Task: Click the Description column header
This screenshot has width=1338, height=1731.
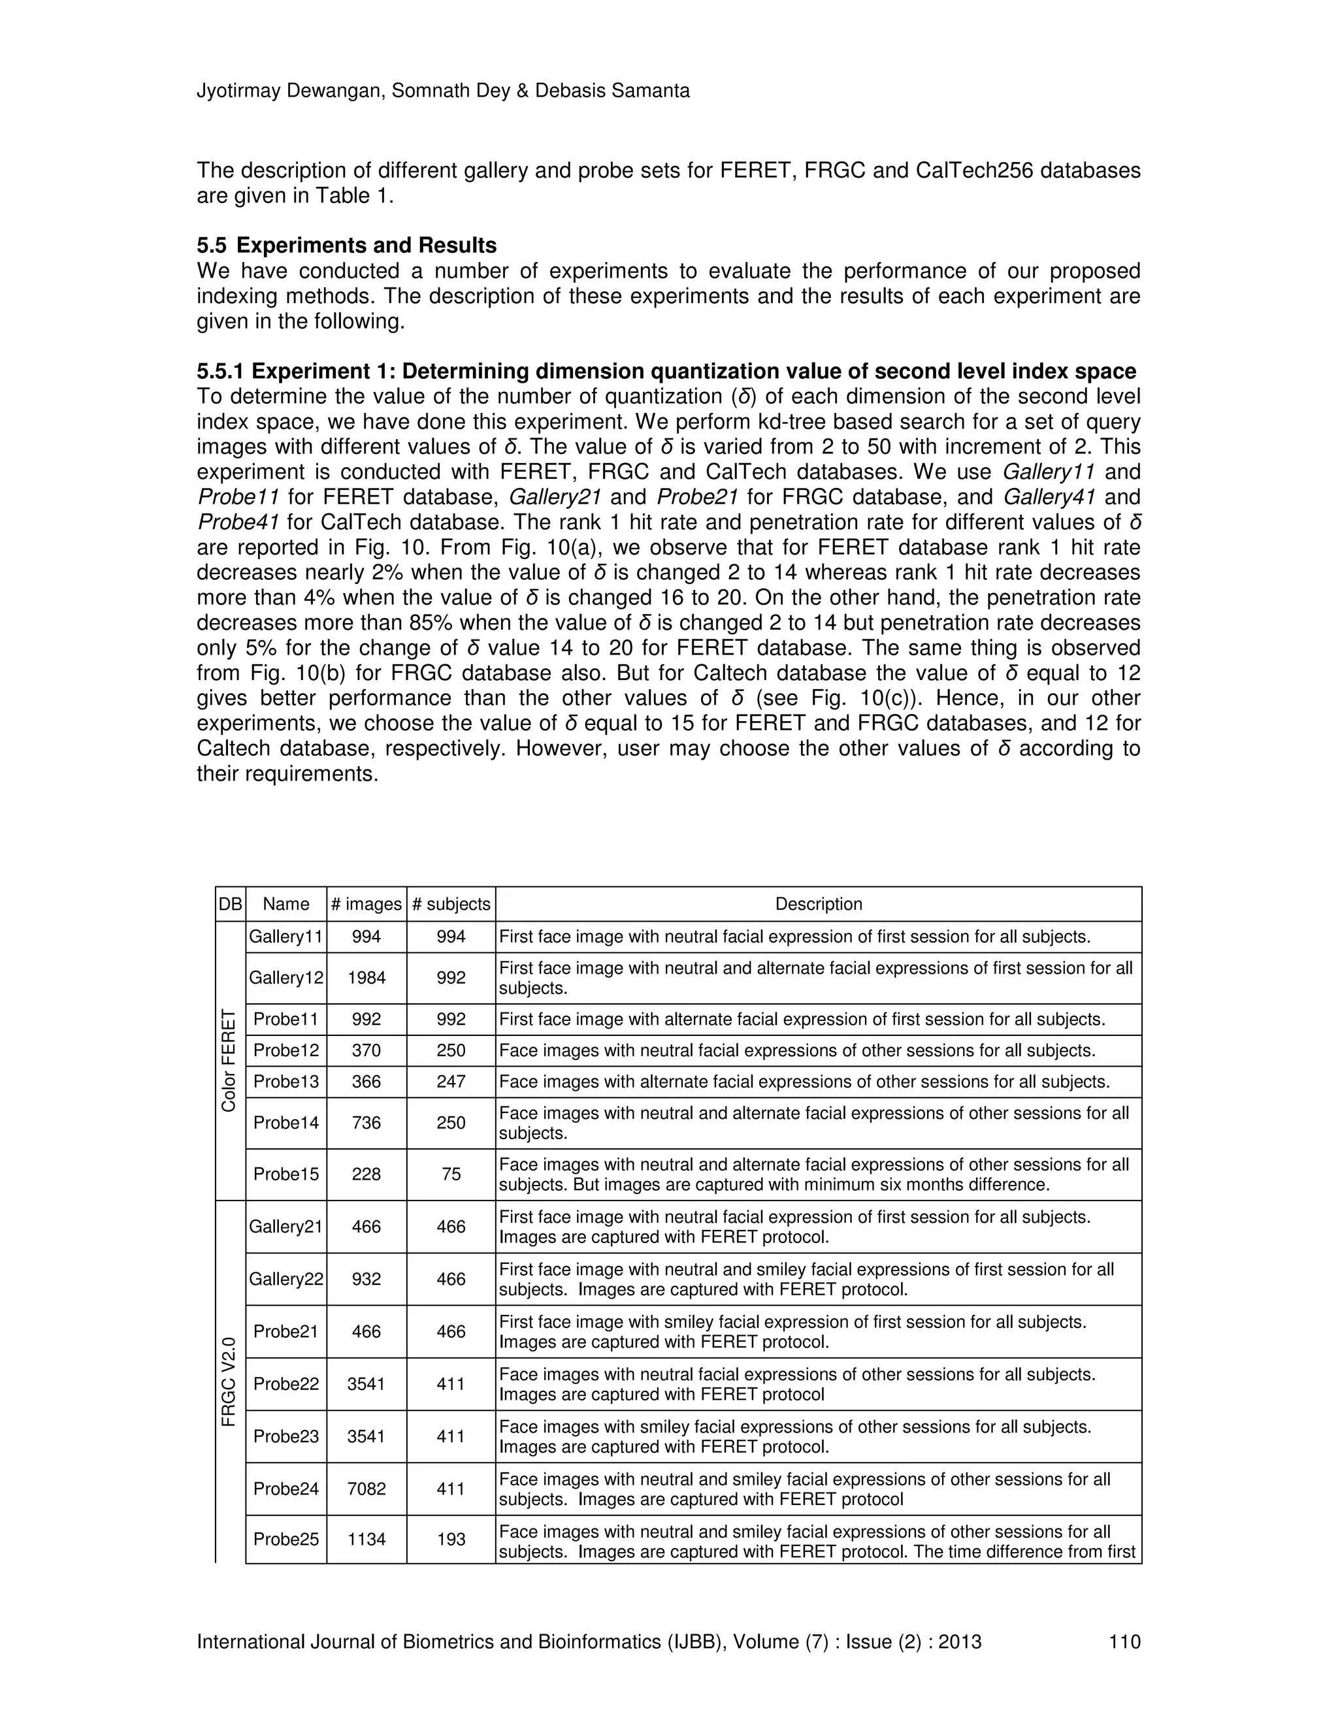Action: (x=818, y=903)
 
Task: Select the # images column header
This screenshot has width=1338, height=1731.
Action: (x=367, y=903)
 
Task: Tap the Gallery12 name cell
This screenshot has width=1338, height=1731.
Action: (x=286, y=977)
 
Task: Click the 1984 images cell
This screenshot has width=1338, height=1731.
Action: (x=367, y=977)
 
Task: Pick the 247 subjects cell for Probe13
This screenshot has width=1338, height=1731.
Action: (x=451, y=1081)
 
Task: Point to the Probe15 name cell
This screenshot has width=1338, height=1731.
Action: (x=286, y=1174)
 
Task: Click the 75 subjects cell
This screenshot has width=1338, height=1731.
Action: (x=451, y=1174)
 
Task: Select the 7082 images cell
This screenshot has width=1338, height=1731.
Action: (x=367, y=1489)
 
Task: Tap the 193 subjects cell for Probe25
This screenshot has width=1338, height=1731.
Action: (x=451, y=1538)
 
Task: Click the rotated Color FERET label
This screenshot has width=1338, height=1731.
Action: (x=229, y=1060)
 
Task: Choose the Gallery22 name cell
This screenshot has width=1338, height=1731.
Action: (x=286, y=1278)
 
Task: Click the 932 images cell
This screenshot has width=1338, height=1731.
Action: (x=367, y=1278)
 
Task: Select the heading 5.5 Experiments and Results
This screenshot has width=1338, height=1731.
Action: (x=346, y=245)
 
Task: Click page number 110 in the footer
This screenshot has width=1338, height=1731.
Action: (x=1124, y=1642)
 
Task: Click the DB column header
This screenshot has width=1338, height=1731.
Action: (x=230, y=903)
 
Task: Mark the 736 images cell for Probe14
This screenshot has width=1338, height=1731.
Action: (x=367, y=1122)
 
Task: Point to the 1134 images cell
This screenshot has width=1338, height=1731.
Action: (x=367, y=1538)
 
